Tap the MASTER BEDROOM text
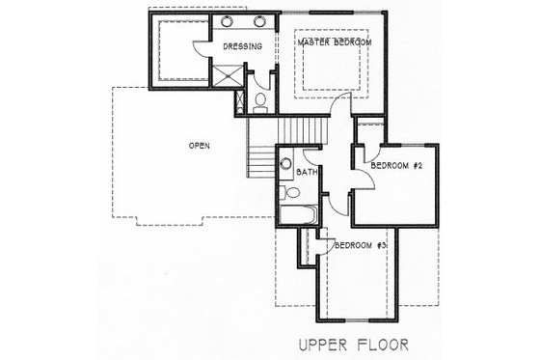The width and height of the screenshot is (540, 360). tap(334, 42)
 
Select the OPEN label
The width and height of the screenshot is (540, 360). tap(200, 146)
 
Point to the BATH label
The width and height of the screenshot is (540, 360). tap(308, 172)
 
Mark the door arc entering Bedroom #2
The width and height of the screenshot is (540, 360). tap(358, 162)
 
